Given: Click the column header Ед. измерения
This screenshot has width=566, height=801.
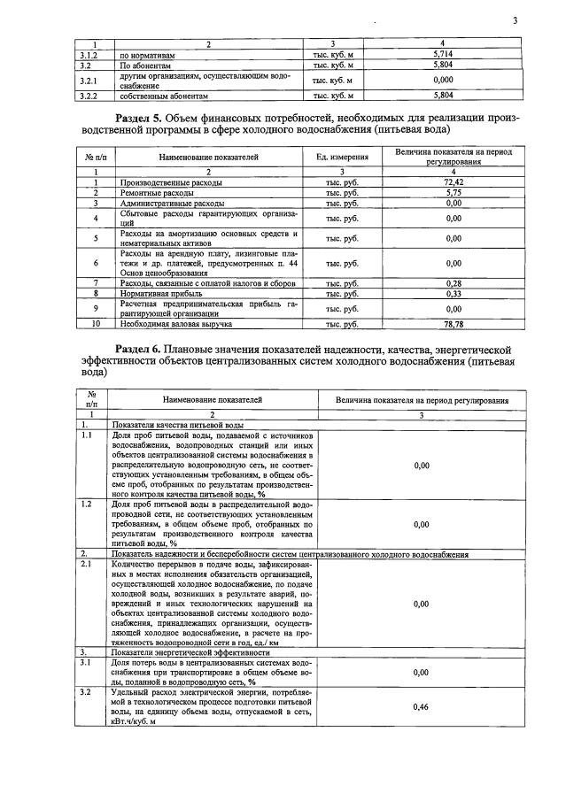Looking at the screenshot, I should click(342, 157).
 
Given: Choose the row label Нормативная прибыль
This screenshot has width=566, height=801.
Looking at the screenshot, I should click(161, 293).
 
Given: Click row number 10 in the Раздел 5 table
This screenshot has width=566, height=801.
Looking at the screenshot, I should click(95, 325).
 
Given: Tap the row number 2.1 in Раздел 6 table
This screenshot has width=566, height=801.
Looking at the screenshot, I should click(87, 563).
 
